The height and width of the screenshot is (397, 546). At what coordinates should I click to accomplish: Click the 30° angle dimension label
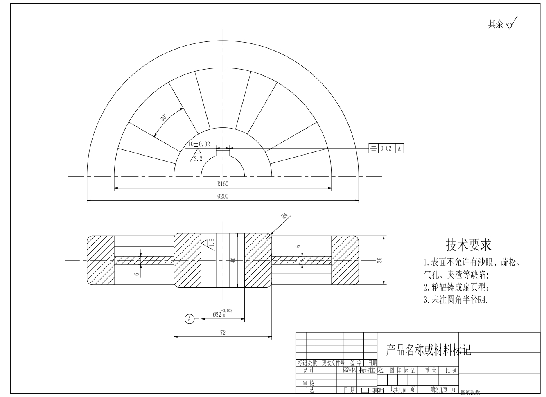(163, 117)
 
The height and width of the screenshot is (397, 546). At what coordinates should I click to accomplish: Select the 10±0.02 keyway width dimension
(199, 144)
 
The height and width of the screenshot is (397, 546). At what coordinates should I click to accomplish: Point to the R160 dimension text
(223, 184)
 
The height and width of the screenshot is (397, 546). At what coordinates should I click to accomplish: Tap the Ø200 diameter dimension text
(223, 196)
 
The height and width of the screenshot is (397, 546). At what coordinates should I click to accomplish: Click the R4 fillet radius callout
(285, 216)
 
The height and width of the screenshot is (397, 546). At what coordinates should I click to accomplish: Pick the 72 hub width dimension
(223, 332)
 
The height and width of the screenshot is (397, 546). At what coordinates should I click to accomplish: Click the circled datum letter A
(189, 319)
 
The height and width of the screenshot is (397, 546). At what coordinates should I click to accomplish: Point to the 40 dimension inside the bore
(233, 260)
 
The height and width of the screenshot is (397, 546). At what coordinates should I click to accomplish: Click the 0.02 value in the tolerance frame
(386, 148)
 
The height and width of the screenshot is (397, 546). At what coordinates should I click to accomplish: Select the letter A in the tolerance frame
(399, 148)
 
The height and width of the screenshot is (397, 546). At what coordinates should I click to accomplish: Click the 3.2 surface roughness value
(198, 159)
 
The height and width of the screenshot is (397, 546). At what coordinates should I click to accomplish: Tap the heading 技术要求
(468, 245)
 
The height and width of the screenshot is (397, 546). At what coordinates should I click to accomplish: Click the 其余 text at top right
(496, 24)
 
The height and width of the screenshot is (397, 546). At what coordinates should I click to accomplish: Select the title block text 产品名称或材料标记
(429, 350)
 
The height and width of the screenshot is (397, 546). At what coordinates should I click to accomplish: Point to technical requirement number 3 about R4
(456, 300)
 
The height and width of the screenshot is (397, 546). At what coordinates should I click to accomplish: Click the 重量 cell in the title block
(431, 370)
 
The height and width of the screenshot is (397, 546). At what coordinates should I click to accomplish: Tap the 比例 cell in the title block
(451, 370)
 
